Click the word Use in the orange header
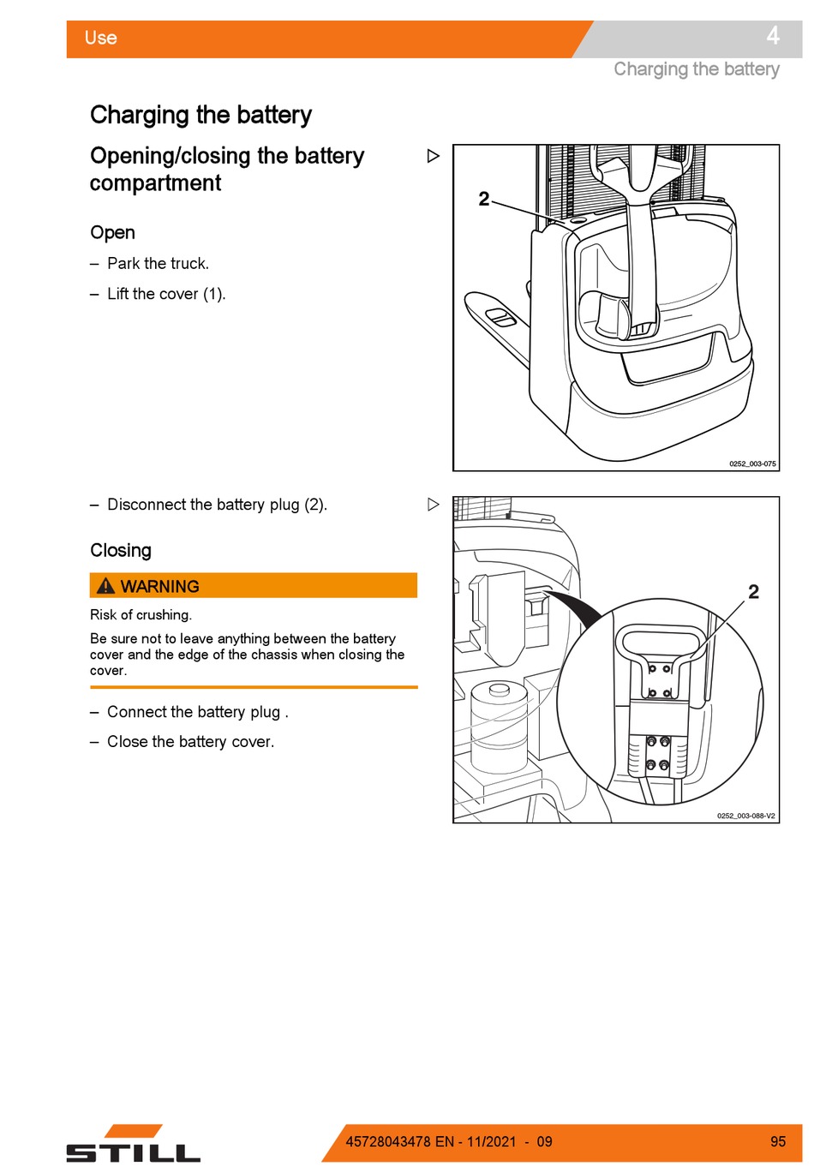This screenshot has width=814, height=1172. [100, 38]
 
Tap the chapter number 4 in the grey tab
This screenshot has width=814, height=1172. [772, 36]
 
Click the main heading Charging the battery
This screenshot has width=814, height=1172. [201, 115]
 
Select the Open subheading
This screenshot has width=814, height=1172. [112, 233]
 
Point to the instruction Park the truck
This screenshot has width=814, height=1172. [158, 264]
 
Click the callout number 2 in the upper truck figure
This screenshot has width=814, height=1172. [484, 199]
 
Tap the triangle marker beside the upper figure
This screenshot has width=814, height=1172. [434, 156]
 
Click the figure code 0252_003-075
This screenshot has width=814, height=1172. [752, 464]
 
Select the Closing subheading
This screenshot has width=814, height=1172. [121, 551]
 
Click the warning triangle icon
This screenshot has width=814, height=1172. [105, 586]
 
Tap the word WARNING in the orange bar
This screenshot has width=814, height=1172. [160, 587]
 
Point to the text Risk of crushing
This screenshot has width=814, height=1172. [141, 615]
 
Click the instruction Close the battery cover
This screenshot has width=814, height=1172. [190, 742]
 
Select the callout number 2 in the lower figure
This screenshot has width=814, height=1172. [753, 592]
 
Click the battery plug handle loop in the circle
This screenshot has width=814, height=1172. [660, 643]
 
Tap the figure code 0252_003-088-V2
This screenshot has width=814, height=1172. [745, 816]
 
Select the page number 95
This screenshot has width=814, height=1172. [777, 1142]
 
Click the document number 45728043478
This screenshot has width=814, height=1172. [388, 1142]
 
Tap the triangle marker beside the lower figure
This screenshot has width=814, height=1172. [434, 505]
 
